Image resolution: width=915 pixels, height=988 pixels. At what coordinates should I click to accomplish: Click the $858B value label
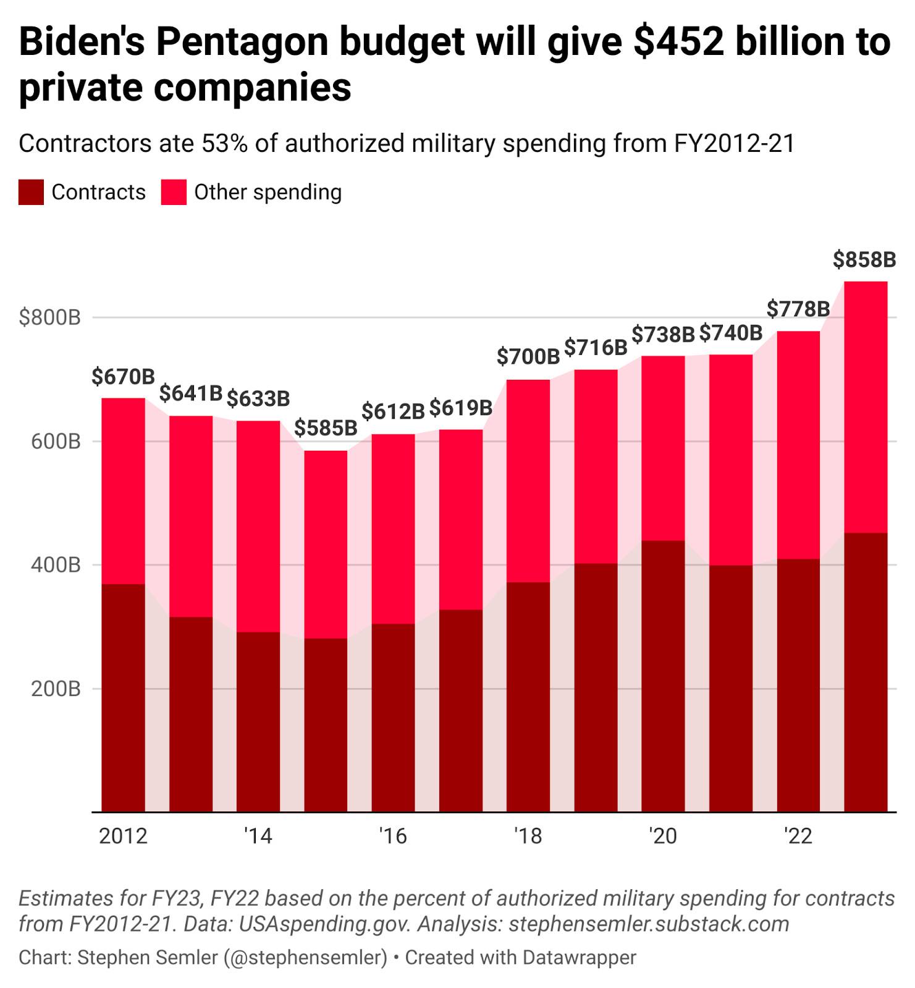click(x=864, y=260)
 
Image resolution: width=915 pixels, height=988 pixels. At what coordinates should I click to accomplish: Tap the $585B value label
click(x=326, y=428)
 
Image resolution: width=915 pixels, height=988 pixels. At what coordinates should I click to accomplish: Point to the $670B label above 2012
click(x=123, y=376)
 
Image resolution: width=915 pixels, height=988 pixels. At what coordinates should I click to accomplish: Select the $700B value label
click(x=528, y=356)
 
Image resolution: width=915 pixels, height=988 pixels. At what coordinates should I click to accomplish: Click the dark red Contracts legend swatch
click(x=31, y=192)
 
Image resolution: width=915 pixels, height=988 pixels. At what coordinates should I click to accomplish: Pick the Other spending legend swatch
click(x=174, y=192)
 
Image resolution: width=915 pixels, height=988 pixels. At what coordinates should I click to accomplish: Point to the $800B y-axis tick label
click(x=50, y=317)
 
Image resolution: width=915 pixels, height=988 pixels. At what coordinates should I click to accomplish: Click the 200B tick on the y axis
click(x=56, y=689)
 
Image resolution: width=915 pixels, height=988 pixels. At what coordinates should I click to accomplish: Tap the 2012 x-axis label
click(x=124, y=836)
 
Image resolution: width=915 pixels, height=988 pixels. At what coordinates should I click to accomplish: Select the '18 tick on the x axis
click(x=528, y=836)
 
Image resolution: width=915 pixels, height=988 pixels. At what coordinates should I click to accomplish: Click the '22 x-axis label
click(x=798, y=836)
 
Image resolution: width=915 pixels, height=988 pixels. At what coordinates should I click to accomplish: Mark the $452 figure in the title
click(x=679, y=42)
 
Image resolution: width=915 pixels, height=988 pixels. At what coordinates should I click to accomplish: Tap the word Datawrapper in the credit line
click(x=579, y=957)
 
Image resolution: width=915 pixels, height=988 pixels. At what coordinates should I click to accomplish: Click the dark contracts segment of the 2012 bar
click(x=124, y=698)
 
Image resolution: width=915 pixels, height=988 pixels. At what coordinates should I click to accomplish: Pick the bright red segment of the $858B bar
click(x=866, y=408)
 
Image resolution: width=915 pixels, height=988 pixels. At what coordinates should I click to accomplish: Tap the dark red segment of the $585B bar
click(x=326, y=726)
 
